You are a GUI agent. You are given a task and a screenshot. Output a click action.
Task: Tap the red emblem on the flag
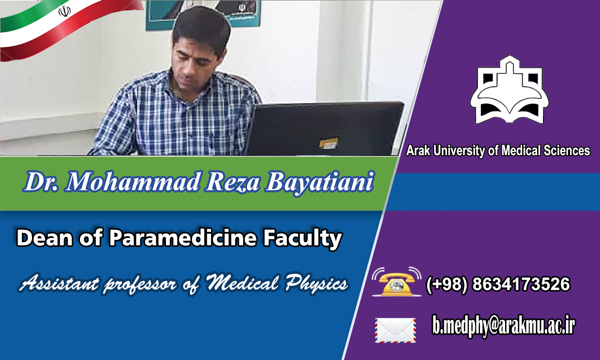click(x=65, y=12)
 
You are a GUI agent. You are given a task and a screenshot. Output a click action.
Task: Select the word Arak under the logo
click(x=418, y=150)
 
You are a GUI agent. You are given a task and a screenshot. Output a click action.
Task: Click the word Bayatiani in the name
click(x=319, y=182)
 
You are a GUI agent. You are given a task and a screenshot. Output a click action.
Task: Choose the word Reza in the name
click(x=233, y=182)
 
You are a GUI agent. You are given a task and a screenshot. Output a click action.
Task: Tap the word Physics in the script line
click(x=316, y=284)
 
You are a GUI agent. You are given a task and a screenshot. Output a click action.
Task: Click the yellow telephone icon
click(x=397, y=282)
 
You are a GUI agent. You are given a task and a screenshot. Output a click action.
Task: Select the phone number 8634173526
click(x=521, y=284)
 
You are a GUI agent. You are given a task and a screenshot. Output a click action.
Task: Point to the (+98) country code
click(x=446, y=285)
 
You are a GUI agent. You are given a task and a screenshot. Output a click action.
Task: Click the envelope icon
click(x=395, y=330)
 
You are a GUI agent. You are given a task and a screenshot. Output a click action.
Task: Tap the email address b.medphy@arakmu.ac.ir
click(x=503, y=326)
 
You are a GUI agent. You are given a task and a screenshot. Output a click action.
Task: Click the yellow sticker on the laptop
click(x=329, y=143)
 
